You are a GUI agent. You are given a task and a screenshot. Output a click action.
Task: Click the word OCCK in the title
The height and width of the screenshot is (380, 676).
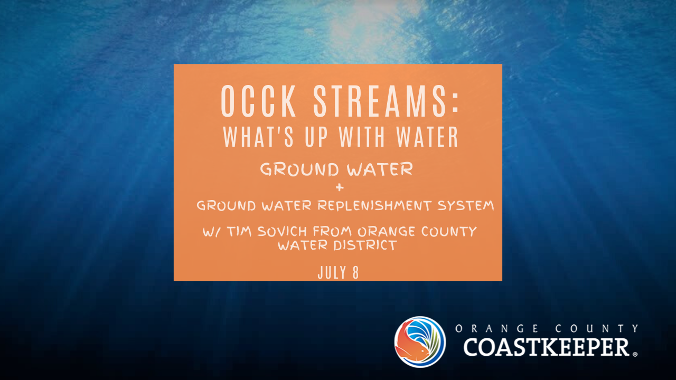tap(258, 101)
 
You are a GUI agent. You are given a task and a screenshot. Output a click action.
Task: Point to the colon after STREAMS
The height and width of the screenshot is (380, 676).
tap(455, 103)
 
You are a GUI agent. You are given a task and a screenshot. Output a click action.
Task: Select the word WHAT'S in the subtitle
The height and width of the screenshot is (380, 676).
tap(258, 137)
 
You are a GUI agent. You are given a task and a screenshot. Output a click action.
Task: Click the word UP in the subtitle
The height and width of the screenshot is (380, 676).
tap(316, 137)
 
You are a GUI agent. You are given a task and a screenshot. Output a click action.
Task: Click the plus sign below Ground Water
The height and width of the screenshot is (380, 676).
tap(340, 187)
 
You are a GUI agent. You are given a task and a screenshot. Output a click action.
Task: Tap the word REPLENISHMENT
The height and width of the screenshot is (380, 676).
tap(374, 205)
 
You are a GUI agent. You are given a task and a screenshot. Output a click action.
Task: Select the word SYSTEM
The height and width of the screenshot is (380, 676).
tap(465, 205)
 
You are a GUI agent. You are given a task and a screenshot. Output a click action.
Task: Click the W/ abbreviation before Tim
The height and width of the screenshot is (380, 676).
tap(212, 232)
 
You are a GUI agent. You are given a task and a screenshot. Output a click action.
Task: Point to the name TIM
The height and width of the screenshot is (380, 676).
tap(239, 231)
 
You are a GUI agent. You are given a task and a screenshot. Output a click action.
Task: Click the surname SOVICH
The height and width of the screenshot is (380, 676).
tap(282, 231)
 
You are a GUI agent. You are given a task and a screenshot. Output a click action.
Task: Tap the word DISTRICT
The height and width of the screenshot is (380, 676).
tap(365, 245)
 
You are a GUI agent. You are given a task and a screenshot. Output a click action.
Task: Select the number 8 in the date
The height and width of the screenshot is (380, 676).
tap(355, 273)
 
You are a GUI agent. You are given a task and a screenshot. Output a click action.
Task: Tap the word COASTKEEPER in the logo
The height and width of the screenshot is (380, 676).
tap(546, 347)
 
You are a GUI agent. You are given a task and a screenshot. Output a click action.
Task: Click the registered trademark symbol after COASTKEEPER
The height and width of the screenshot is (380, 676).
tap(635, 354)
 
